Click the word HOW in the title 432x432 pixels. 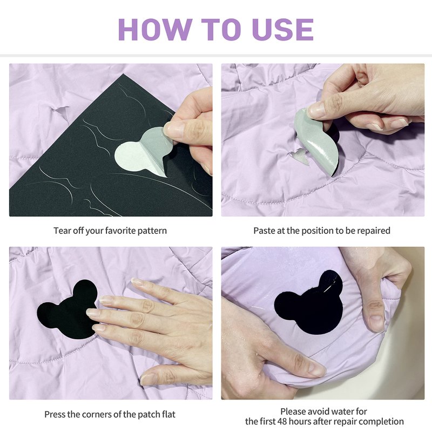point(155,29)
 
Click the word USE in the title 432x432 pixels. point(283,29)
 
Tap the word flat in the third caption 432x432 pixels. point(168,414)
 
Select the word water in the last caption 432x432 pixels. point(343,411)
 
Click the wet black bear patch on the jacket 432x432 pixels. point(309,303)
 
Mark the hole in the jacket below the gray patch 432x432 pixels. point(299,156)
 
